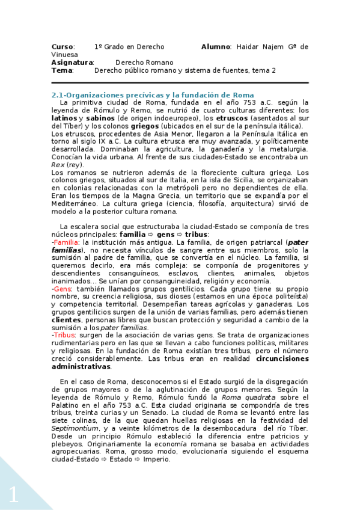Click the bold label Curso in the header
(62, 46)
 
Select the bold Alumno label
(215, 46)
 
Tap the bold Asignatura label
(72, 62)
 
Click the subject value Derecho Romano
(144, 62)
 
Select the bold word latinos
(64, 118)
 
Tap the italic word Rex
(58, 165)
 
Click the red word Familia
(67, 241)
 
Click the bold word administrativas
(81, 366)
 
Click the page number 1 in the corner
(13, 494)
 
